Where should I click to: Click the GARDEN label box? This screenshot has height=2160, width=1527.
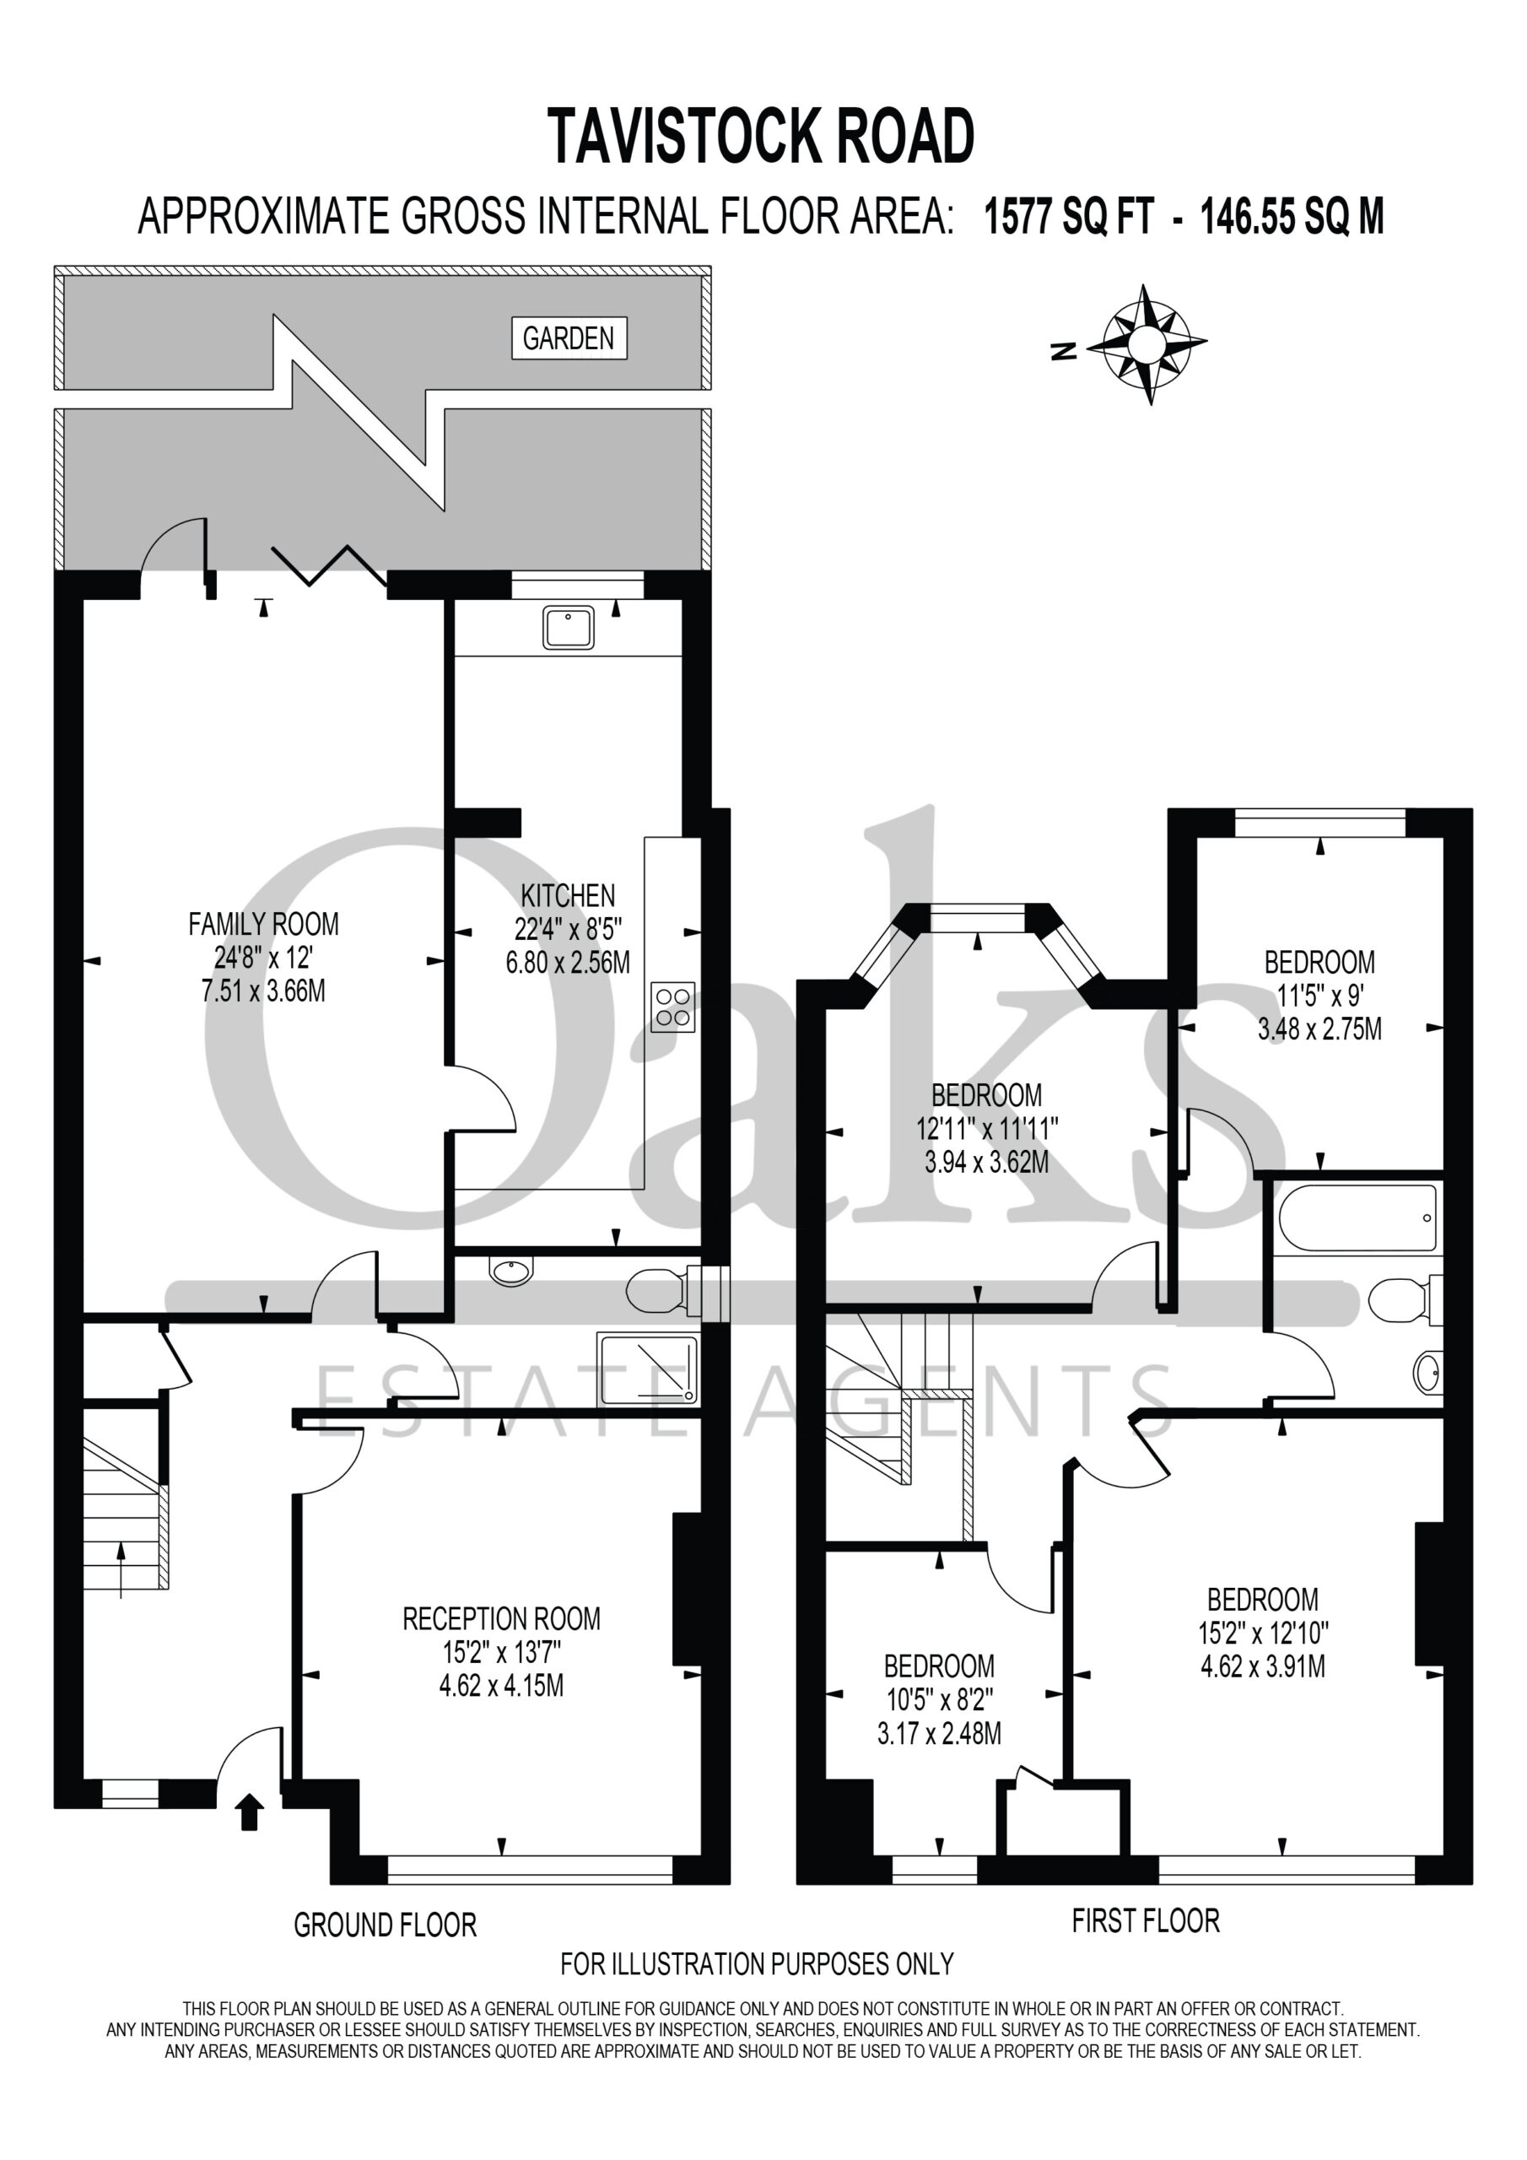click(569, 337)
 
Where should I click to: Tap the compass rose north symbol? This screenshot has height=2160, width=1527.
click(1063, 352)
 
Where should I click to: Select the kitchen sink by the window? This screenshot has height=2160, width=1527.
click(569, 627)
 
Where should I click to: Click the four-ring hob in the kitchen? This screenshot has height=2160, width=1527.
click(672, 1007)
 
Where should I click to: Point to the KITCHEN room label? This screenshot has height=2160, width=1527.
click(569, 894)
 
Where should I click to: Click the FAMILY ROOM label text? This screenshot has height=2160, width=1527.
click(263, 924)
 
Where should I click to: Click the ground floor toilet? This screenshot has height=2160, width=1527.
click(664, 1290)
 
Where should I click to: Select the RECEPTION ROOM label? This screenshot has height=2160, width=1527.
click(501, 1619)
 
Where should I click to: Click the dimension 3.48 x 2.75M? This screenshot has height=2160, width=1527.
click(1319, 1029)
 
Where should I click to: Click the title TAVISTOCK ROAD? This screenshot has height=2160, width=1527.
click(760, 137)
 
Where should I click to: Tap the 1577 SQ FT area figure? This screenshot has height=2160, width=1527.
click(1069, 218)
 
